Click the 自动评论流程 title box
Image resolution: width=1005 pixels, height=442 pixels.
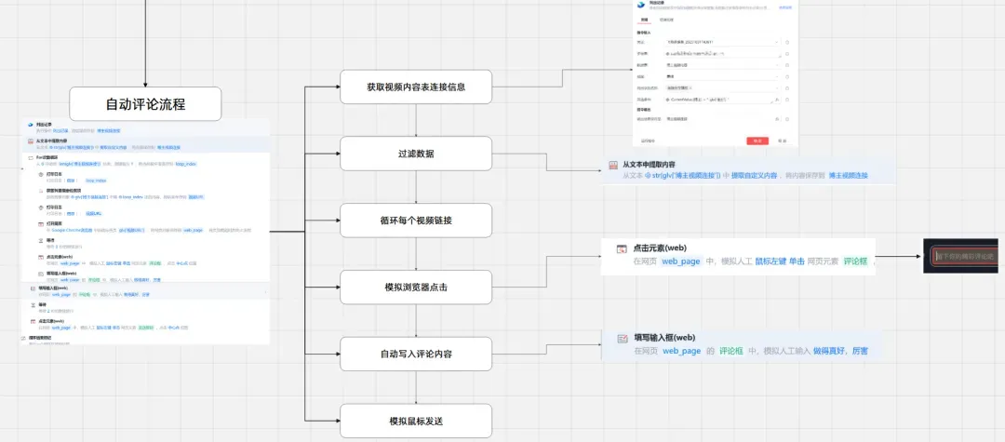point(146,103)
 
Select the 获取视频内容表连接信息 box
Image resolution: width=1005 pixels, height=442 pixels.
point(416,87)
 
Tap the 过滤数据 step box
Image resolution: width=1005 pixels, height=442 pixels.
point(416,154)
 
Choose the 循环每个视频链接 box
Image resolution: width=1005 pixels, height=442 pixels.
point(416,221)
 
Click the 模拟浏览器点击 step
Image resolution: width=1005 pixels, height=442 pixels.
point(416,287)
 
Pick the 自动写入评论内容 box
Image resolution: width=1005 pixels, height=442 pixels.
point(416,354)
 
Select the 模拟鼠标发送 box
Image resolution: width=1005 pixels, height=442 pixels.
point(416,421)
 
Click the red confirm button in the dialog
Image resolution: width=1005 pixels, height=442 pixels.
point(757,141)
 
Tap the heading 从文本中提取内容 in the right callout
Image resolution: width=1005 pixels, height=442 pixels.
point(662,164)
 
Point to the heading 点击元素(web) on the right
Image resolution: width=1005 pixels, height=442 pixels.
point(660,248)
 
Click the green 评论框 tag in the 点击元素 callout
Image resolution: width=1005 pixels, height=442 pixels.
point(854,261)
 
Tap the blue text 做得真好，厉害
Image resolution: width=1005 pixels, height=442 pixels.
point(838,351)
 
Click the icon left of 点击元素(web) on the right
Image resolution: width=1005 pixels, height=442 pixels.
point(622,248)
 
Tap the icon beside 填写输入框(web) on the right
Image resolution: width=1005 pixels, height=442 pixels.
point(622,338)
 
